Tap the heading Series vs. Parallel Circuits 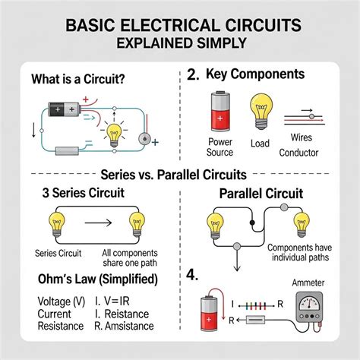tap(179, 174)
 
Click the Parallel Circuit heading tap(261, 194)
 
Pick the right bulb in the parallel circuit tap(302, 224)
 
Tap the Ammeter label tap(318, 283)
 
